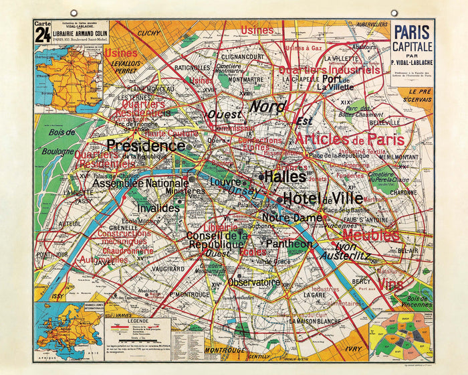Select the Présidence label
pos(145,145)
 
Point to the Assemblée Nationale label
pos(140,183)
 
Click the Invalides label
pos(158,208)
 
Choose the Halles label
pos(285,177)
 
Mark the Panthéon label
pos(289,244)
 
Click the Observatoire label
pos(253,282)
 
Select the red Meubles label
pos(372,235)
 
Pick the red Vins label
pos(390,284)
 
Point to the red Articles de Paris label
pos(350,139)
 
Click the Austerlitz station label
pos(344,255)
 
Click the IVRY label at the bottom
pos(354,348)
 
